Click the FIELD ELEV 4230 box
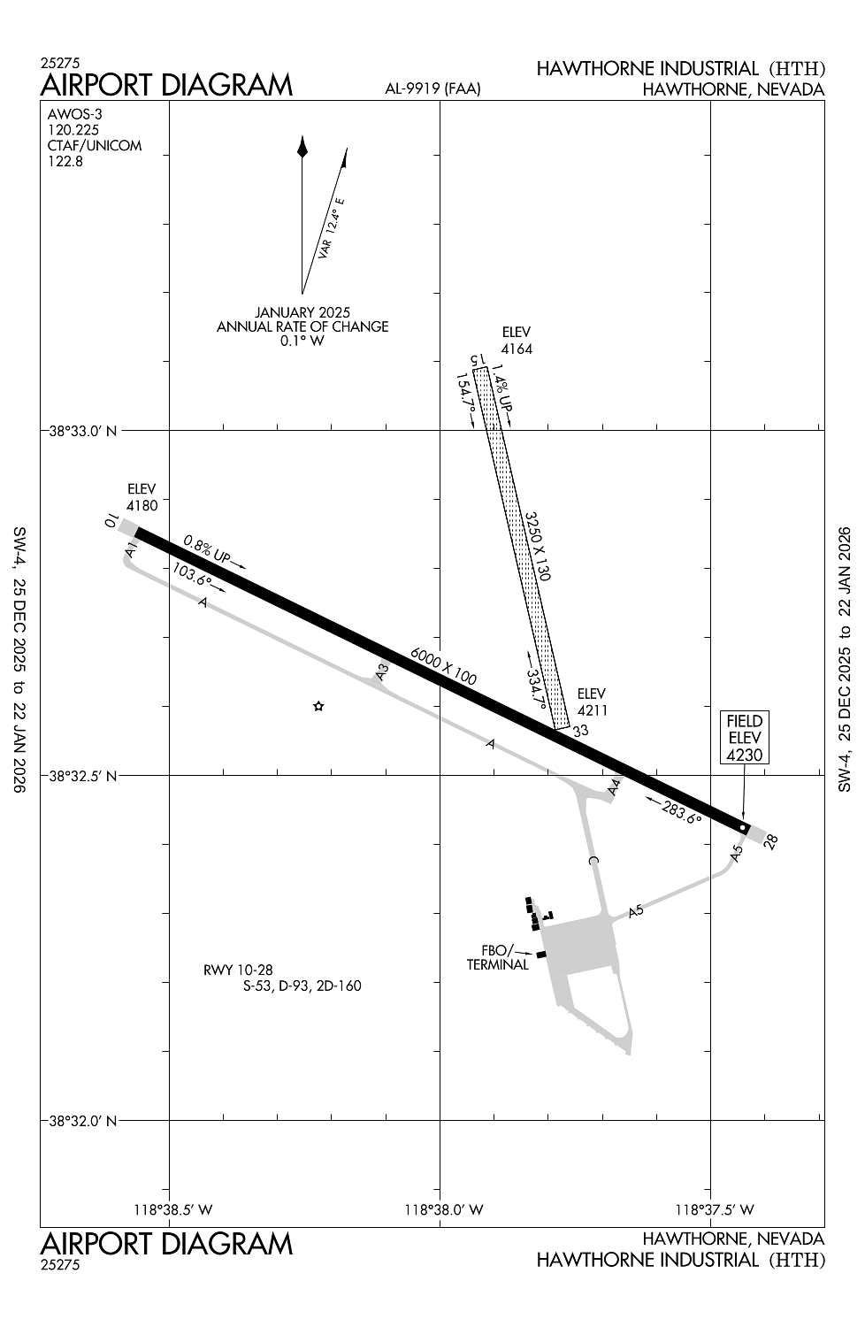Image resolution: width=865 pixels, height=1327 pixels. [744, 737]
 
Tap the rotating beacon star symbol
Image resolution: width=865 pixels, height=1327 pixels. [318, 706]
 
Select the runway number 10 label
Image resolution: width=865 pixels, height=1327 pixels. [111, 522]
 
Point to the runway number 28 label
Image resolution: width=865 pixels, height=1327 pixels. [770, 841]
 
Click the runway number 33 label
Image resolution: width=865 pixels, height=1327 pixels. [580, 731]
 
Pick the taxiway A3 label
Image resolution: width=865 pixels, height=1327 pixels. [383, 671]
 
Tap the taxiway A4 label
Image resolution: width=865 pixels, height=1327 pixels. [615, 787]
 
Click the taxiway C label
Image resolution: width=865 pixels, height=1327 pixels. [593, 860]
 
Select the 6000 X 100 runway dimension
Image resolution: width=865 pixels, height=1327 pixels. [443, 666]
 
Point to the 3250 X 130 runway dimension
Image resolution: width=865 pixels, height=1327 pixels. [538, 546]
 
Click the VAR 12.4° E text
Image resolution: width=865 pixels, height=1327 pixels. [332, 228]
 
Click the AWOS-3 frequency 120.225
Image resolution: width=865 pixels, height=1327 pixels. [73, 130]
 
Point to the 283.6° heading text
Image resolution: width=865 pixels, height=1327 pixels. [682, 813]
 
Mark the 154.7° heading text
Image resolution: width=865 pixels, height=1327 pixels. [465, 395]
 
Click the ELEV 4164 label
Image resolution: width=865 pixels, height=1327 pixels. [517, 341]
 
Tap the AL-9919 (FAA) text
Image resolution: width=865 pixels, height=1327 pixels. [432, 88]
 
